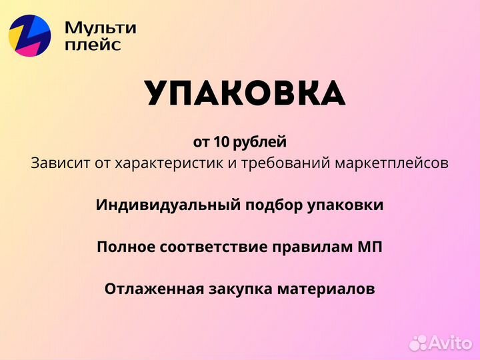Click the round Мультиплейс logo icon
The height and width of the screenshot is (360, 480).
[x=30, y=35]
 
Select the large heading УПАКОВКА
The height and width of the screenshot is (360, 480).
[x=245, y=94]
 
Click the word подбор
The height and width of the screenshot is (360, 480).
[x=261, y=205]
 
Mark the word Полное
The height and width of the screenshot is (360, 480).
[x=126, y=247]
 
